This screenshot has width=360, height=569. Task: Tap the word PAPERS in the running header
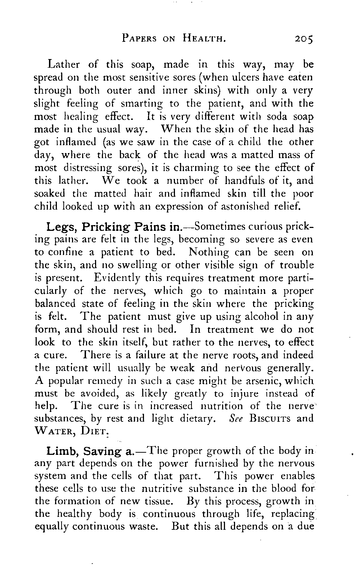coord(139,39)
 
